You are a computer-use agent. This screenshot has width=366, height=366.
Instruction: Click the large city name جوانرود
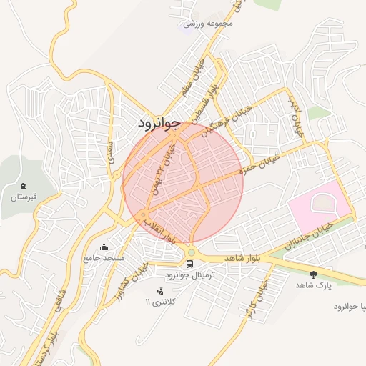click(x=166, y=123)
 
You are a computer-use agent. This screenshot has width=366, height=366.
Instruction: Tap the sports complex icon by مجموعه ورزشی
click(x=189, y=24)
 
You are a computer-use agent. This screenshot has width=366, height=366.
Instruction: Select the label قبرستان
click(x=23, y=196)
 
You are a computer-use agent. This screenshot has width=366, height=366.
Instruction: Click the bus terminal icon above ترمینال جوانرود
click(x=189, y=264)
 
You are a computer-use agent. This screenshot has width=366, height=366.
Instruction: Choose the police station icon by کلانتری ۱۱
click(x=159, y=291)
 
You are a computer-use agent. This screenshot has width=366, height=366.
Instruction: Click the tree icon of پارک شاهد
click(x=314, y=274)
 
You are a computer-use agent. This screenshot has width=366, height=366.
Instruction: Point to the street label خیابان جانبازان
click(x=310, y=234)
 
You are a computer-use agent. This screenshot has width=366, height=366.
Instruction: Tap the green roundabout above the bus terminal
click(x=191, y=252)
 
